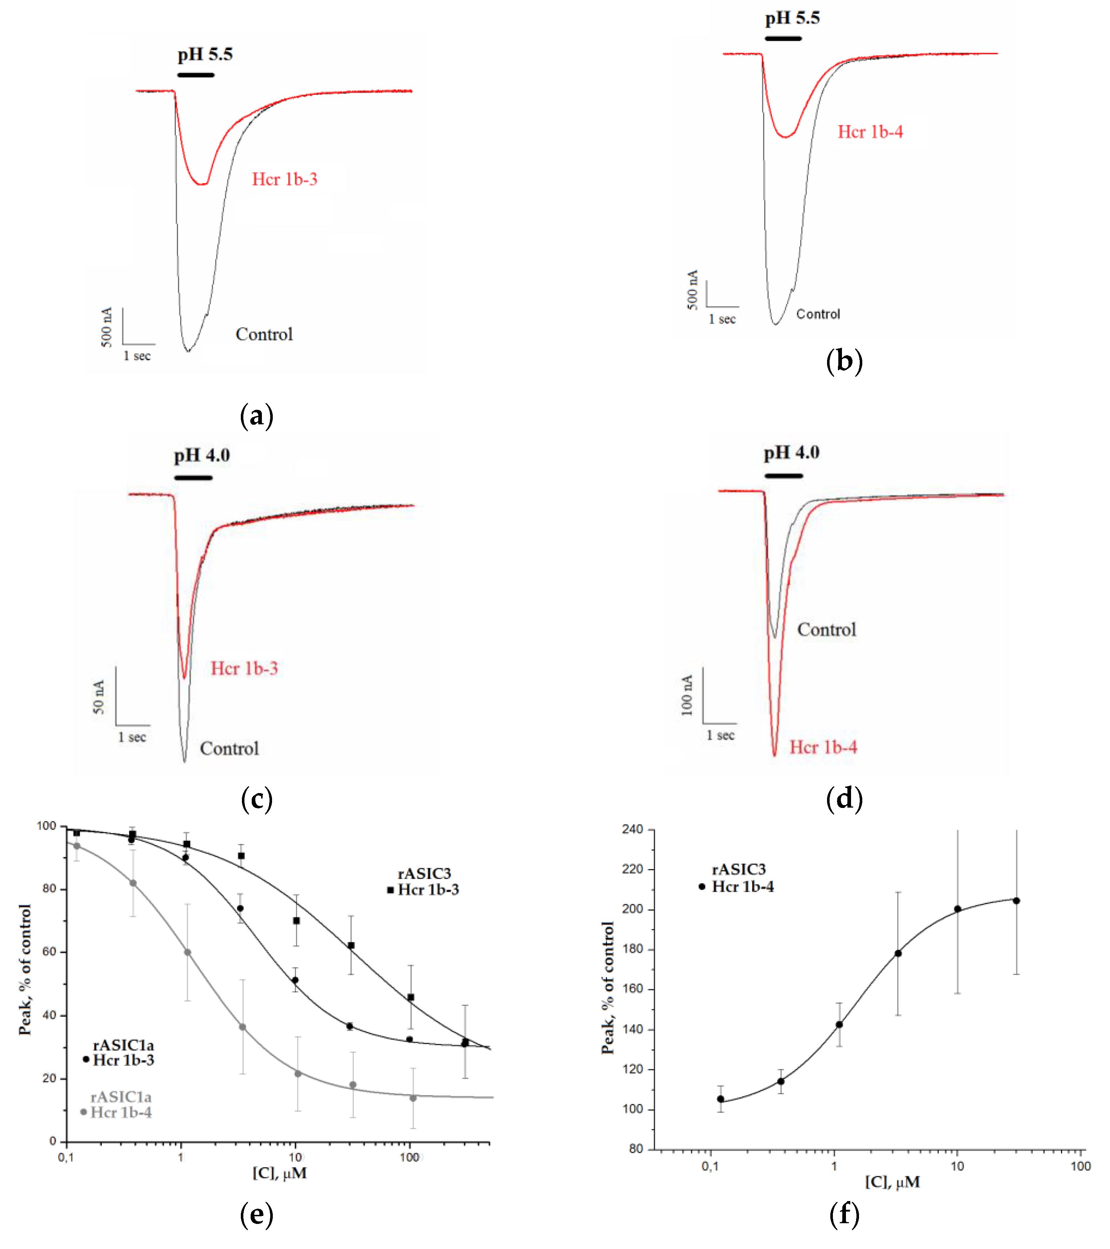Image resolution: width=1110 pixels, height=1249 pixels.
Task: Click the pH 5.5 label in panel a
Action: pyautogui.click(x=205, y=54)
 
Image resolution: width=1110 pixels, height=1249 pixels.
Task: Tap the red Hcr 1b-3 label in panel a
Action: pyautogui.click(x=285, y=179)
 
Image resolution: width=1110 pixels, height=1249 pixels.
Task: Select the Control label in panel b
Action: pyautogui.click(x=818, y=314)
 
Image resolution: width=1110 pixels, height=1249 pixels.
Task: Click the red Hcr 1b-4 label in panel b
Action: pyautogui.click(x=870, y=132)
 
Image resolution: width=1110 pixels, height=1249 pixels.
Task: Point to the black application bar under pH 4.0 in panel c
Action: pyautogui.click(x=193, y=477)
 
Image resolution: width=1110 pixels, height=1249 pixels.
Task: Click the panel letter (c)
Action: pyautogui.click(x=256, y=799)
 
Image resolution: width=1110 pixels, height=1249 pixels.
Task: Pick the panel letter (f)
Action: pyautogui.click(x=844, y=1214)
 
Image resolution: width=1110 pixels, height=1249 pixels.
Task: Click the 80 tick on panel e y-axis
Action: pyautogui.click(x=49, y=889)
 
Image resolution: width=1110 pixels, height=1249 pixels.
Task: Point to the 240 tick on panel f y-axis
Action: pyautogui.click(x=632, y=829)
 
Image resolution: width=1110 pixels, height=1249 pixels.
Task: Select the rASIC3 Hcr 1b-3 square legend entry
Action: pyautogui.click(x=424, y=882)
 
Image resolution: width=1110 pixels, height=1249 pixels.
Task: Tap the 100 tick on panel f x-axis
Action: pyautogui.click(x=1080, y=1166)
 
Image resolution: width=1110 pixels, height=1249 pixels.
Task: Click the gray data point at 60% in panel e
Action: pyautogui.click(x=187, y=953)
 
